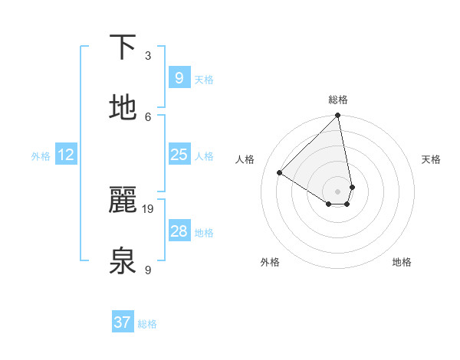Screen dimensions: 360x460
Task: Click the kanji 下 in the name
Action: pyautogui.click(x=123, y=47)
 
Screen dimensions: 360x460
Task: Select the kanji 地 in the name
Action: pyautogui.click(x=123, y=108)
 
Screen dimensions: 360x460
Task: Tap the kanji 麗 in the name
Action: pyautogui.click(x=123, y=200)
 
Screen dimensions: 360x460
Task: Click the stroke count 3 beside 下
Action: pyautogui.click(x=148, y=56)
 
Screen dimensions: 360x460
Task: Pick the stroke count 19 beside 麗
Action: pyautogui.click(x=149, y=208)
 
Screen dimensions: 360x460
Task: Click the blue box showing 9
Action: pyautogui.click(x=179, y=77)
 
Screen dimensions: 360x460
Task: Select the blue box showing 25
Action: pyautogui.click(x=179, y=155)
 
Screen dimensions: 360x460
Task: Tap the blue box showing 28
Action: pyautogui.click(x=179, y=231)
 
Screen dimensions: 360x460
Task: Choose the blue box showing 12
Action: pyautogui.click(x=66, y=155)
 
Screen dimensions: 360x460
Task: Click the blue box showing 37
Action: pyautogui.click(x=122, y=322)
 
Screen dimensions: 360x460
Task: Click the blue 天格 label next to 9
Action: pyautogui.click(x=204, y=79)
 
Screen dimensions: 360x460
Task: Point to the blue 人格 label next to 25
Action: pyautogui.click(x=204, y=155)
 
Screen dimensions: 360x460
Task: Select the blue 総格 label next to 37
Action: pyautogui.click(x=147, y=324)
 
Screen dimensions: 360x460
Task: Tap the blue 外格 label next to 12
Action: pyautogui.click(x=41, y=155)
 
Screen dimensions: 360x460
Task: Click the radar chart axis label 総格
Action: pyautogui.click(x=338, y=100)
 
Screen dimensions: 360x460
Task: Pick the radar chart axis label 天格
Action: pyautogui.click(x=431, y=159)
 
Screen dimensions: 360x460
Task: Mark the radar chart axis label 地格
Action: pyautogui.click(x=402, y=262)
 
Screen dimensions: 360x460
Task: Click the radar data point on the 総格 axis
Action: pyautogui.click(x=338, y=116)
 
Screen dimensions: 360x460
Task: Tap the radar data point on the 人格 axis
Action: pyautogui.click(x=280, y=173)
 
